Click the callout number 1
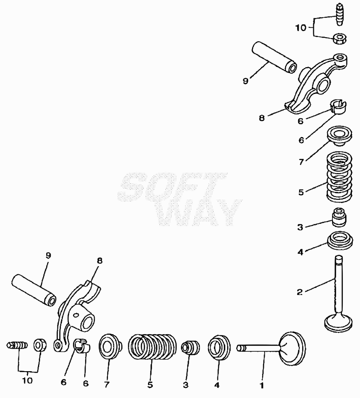[x=262, y=385]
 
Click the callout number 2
[x=300, y=292]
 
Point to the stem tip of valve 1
[x=238, y=348]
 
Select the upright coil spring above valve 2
[x=338, y=176]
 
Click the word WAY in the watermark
[x=200, y=213]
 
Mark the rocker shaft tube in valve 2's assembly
[x=274, y=57]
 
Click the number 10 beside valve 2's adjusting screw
[x=301, y=28]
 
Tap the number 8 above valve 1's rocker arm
[x=99, y=260]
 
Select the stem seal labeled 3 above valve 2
[x=339, y=218]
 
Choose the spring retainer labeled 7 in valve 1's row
[x=110, y=347]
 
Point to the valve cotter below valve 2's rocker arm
[x=339, y=107]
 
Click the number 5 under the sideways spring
[x=150, y=385]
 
